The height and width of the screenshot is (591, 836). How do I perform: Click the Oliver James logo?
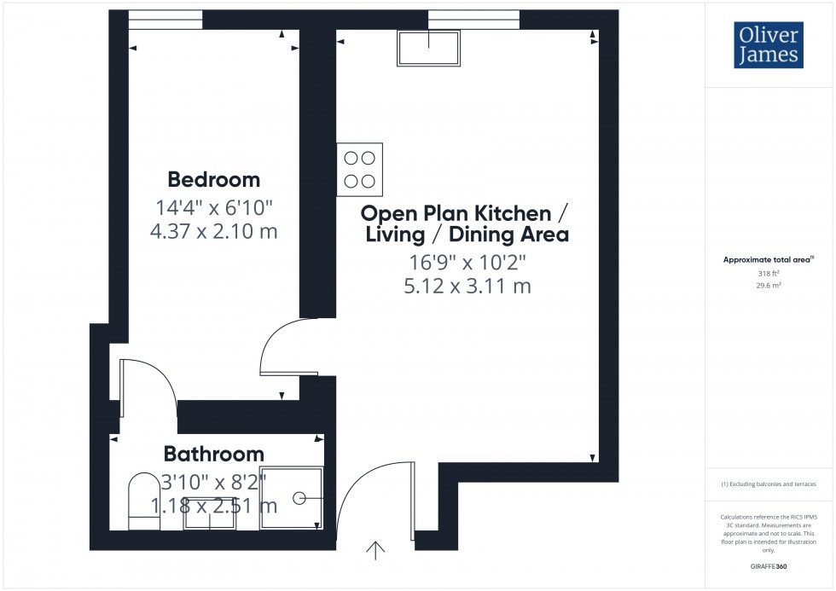tap(767, 45)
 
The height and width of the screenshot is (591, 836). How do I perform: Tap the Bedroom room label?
tap(214, 180)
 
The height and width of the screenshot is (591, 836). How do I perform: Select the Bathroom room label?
tap(214, 454)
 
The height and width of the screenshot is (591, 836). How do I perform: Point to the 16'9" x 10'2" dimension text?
tap(467, 262)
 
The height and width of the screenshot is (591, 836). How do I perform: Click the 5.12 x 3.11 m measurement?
tap(467, 287)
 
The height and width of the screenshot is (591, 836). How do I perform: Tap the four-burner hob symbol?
tap(360, 170)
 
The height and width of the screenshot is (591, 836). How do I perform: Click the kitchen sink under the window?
tap(428, 48)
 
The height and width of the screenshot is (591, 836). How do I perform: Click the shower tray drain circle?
tap(299, 497)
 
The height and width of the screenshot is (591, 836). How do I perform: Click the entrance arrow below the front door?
tap(374, 551)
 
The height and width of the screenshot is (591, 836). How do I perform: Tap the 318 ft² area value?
tap(769, 274)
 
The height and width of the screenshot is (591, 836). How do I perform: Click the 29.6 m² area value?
tap(769, 287)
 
